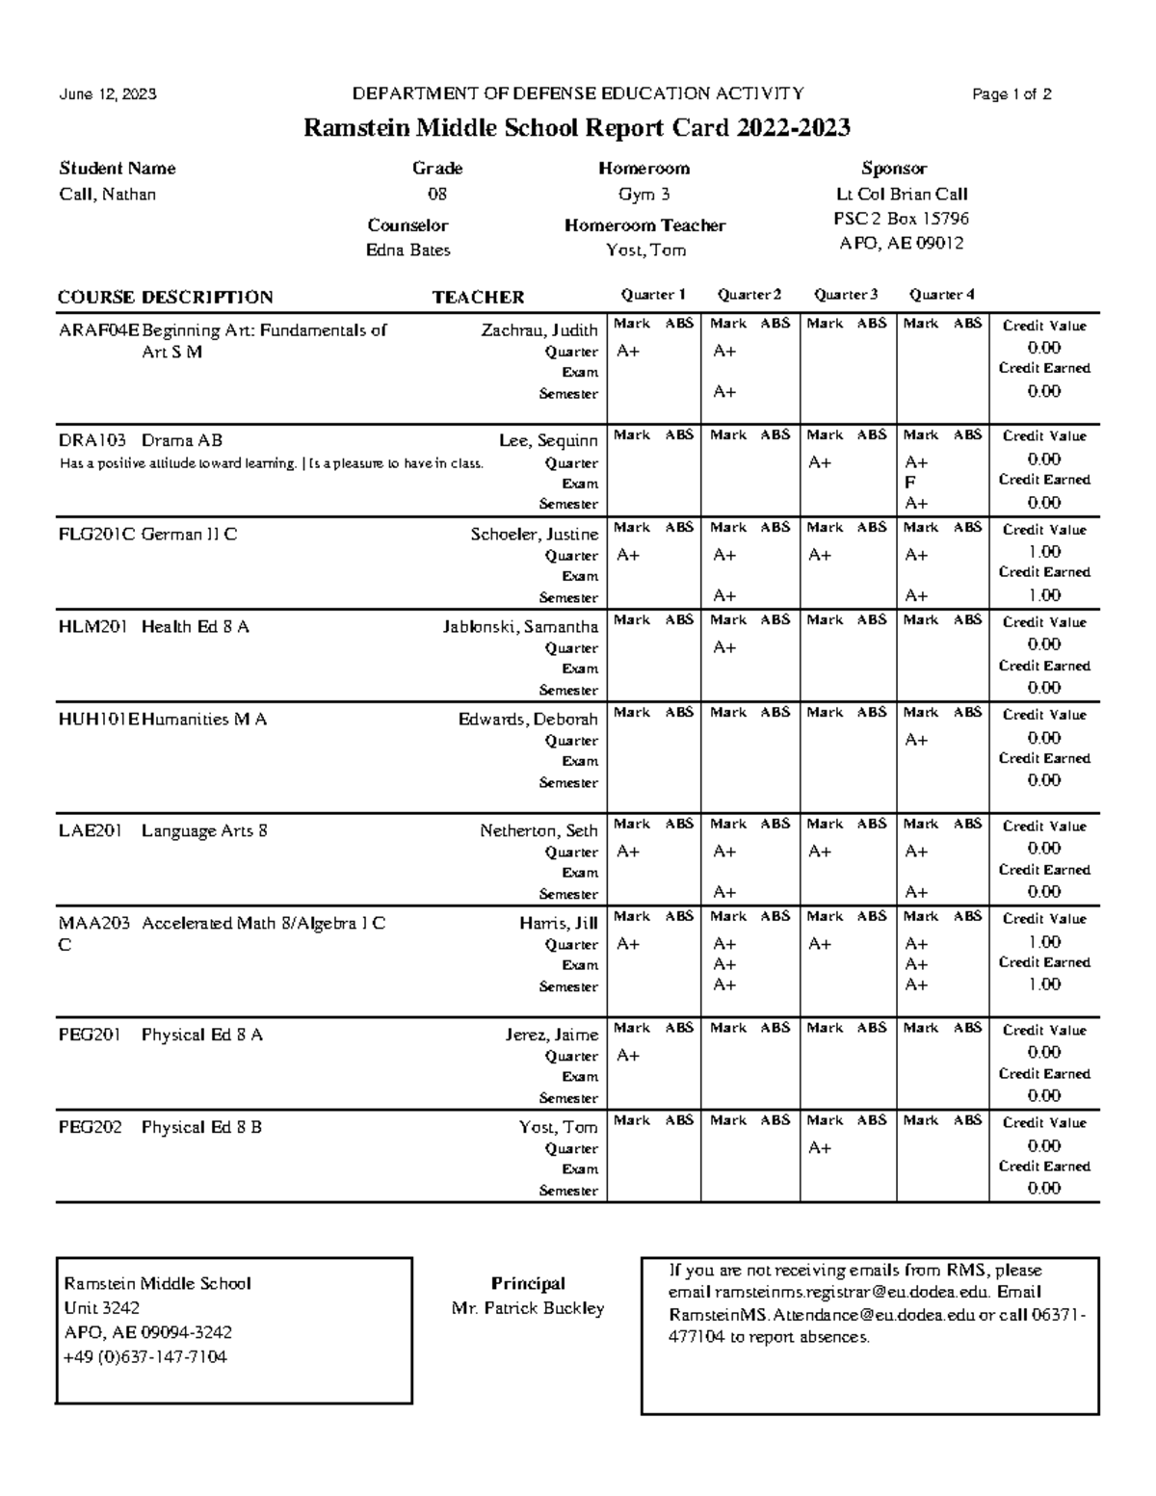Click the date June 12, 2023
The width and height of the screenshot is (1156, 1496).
108,94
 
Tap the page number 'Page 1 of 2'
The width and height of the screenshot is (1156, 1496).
1011,94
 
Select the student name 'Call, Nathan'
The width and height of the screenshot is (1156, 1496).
108,195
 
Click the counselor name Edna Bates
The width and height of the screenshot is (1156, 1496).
407,250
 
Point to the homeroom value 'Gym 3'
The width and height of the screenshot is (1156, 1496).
644,195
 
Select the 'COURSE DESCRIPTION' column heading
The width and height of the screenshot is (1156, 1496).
166,298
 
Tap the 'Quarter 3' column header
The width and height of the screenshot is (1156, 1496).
845,295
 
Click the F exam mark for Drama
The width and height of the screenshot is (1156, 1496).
910,483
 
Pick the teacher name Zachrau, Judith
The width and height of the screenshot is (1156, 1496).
539,330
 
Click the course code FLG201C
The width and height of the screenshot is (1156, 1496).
97,535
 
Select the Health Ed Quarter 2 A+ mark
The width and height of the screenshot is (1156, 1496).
724,648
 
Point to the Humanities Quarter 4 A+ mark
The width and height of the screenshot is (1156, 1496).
916,741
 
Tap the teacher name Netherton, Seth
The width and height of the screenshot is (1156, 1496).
539,831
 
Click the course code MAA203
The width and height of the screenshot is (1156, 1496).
94,924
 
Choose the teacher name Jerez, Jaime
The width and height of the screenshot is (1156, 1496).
551,1036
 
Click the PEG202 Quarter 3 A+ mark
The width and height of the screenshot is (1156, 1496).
820,1148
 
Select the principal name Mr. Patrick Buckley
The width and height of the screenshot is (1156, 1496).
528,1309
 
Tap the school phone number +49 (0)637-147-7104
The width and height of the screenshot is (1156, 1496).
145,1357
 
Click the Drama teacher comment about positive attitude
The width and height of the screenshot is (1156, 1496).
272,463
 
